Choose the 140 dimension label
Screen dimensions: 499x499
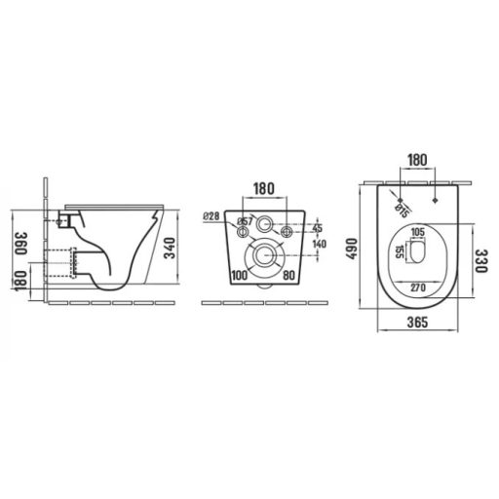point(318,245)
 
